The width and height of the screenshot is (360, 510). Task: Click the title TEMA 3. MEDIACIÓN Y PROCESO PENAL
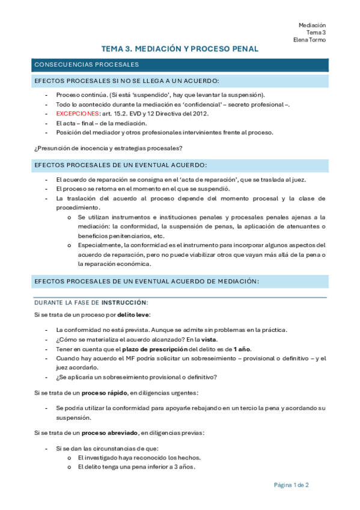180,49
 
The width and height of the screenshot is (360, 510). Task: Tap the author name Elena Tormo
310,40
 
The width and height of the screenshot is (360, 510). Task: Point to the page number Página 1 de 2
291,485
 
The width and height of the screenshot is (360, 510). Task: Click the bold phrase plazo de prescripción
154,349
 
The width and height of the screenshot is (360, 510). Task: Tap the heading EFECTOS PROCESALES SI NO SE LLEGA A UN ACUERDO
127,81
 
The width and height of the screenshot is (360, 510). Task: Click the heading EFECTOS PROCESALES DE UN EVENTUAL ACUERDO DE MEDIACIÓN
147,281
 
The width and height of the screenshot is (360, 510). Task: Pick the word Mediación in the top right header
312,25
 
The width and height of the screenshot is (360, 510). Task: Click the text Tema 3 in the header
316,32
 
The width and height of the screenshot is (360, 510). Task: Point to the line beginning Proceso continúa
160,95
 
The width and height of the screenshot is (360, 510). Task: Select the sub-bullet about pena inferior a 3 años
136,467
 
